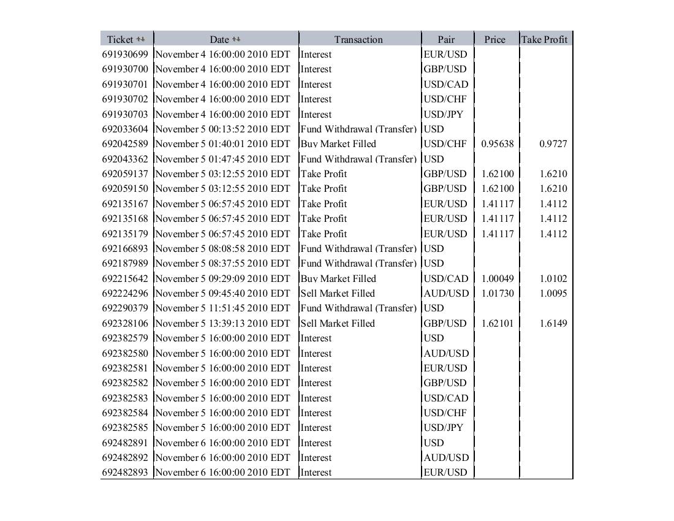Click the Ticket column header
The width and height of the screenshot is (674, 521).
(119, 39)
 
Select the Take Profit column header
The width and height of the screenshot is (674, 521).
(544, 39)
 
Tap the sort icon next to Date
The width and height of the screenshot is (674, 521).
(237, 39)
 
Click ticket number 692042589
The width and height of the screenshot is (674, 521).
(125, 144)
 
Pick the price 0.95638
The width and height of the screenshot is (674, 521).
(498, 144)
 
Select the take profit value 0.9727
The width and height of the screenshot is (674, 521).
(553, 144)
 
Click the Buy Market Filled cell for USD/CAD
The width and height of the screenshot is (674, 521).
(338, 278)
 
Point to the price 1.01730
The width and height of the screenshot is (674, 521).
(498, 294)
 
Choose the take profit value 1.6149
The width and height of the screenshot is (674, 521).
(553, 324)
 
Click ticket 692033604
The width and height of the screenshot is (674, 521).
(125, 129)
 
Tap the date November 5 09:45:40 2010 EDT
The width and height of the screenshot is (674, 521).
(222, 294)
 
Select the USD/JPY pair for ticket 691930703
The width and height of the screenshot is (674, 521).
(444, 115)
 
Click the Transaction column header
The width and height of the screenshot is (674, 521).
(358, 39)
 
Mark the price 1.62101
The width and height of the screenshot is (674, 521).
(498, 324)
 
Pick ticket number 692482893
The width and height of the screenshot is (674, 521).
(125, 473)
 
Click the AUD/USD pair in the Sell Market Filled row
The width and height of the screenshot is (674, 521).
(446, 294)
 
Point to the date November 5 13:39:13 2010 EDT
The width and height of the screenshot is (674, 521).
(222, 324)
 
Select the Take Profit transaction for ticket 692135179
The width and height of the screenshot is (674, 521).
(324, 234)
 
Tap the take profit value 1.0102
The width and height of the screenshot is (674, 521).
(553, 278)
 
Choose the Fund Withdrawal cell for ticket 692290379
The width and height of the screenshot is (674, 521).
(358, 308)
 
